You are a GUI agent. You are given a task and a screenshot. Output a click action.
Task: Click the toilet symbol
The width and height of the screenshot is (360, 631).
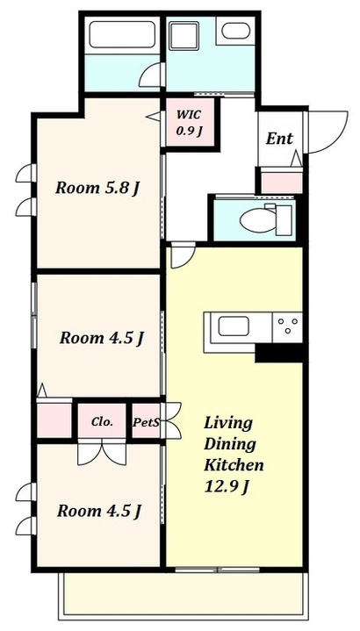pos(266,219)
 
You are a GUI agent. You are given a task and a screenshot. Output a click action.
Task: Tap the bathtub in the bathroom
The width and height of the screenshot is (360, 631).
pos(122,34)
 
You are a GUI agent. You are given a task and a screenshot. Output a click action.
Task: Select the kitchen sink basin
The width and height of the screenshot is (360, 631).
pos(234,326)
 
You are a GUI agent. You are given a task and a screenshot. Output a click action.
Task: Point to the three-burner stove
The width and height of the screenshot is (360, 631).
pos(287,327)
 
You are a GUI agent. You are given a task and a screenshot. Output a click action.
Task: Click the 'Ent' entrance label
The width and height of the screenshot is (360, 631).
pos(279,139)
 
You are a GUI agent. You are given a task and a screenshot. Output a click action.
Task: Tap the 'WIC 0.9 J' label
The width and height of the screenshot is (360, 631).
pos(189,123)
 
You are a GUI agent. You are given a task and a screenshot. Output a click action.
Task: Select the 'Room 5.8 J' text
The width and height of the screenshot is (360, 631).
pos(97,188)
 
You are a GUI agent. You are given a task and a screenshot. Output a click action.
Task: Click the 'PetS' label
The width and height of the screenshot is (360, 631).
pos(146,422)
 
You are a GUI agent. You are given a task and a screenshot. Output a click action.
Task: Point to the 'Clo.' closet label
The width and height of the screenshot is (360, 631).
pos(102,422)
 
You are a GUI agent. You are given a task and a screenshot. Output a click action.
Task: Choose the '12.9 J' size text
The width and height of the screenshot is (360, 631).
pos(226,487)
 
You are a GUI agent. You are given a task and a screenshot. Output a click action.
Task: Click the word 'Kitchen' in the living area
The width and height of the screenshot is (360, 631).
pos(234,465)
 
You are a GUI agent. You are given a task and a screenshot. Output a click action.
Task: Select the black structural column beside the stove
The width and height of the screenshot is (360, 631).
pos(279,354)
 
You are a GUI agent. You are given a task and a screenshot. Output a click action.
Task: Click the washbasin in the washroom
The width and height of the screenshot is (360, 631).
pos(235,31)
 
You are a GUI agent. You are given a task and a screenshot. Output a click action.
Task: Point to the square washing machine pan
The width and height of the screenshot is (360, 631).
pos(184,36)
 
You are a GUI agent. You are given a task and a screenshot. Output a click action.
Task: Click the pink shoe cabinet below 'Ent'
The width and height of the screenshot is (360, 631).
pos(282,182)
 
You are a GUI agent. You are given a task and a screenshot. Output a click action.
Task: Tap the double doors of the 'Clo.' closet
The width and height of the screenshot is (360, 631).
pos(102,453)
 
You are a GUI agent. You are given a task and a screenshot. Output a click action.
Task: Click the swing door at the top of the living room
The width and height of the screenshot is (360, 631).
pos(183,256)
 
